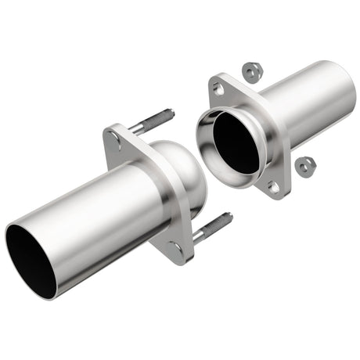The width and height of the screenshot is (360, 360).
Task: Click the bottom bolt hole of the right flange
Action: [x=273, y=187]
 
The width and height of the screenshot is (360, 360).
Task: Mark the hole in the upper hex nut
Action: [x=250, y=72]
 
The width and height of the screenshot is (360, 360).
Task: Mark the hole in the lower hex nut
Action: [x=305, y=167]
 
